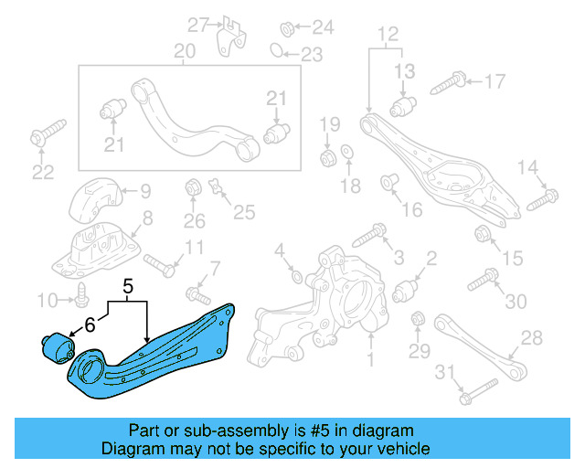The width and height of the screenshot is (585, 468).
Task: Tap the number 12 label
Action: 388,34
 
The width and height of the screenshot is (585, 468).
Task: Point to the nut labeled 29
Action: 419,320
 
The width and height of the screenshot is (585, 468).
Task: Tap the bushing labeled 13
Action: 404,107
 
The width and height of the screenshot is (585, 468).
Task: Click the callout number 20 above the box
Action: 186,51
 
